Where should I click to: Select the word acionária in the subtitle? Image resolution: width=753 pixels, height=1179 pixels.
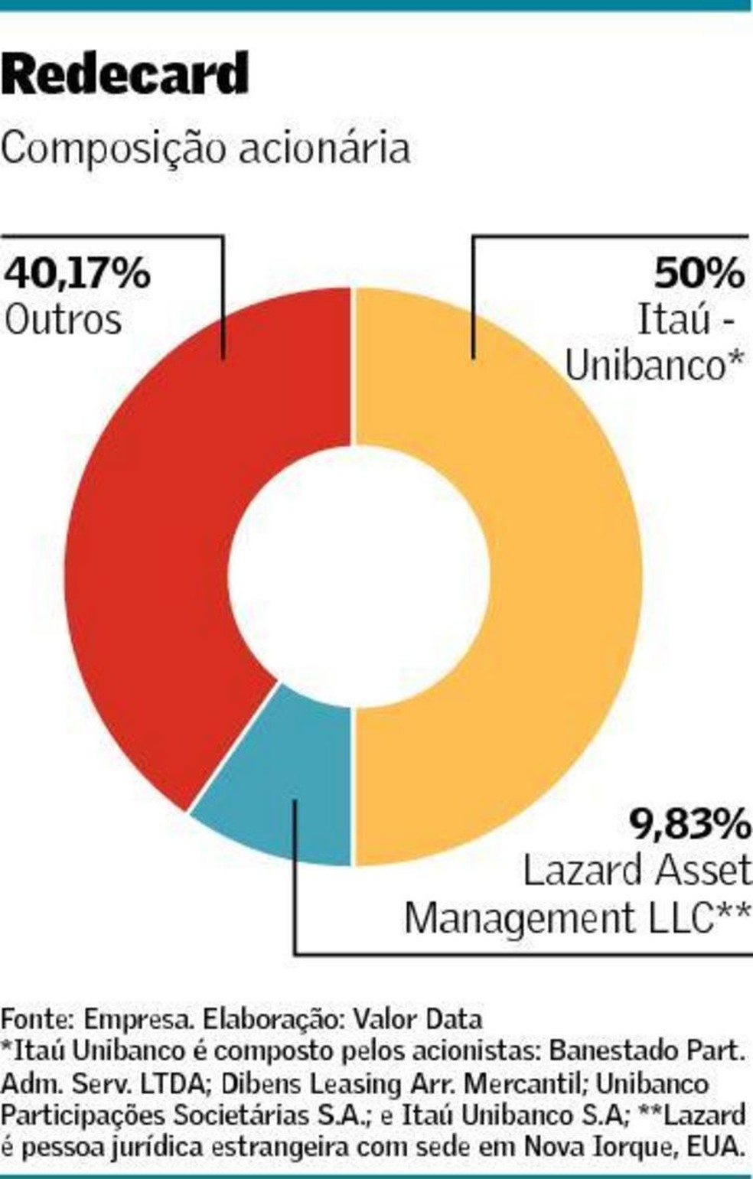coord(324,148)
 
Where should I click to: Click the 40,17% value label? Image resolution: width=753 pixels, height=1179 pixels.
coord(77,274)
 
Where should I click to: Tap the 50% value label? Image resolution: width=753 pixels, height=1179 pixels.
coord(699,273)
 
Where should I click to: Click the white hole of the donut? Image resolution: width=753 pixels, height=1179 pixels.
coord(358,576)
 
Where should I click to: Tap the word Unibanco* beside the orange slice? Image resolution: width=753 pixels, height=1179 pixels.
coord(654,365)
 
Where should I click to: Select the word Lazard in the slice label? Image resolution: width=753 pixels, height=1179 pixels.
coord(582,870)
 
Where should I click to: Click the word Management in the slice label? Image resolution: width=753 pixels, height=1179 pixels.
coord(519,919)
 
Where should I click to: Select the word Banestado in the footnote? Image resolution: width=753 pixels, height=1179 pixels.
coord(611,1052)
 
